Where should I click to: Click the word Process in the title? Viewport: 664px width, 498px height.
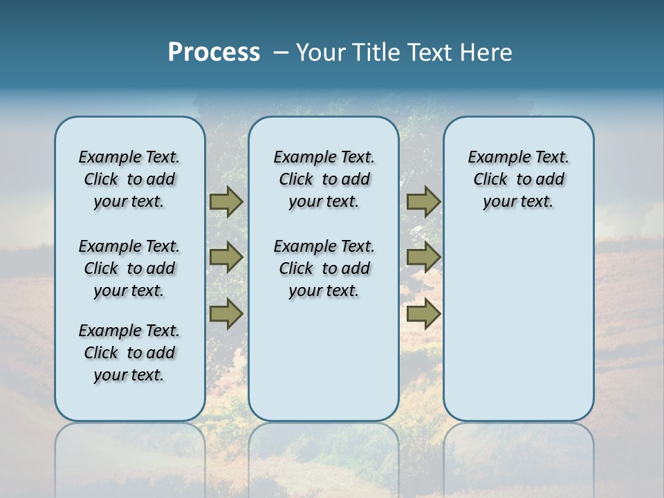click(x=214, y=53)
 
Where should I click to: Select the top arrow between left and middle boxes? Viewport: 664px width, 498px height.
click(x=226, y=201)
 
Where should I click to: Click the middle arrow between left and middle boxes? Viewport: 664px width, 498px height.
click(x=226, y=257)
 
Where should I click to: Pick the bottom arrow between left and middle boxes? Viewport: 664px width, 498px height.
click(x=226, y=313)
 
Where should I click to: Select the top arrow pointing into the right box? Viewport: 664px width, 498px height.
click(x=423, y=201)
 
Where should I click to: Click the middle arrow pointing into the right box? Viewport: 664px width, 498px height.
click(x=423, y=257)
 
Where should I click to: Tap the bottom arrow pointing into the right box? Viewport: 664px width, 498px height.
click(x=423, y=313)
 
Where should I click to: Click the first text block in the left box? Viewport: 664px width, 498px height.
click(x=129, y=179)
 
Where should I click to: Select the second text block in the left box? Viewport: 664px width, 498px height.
click(x=129, y=268)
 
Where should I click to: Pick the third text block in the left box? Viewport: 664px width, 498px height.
click(x=129, y=353)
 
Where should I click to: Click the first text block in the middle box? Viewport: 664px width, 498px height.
click(x=324, y=179)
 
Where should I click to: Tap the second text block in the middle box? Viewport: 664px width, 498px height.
click(x=324, y=268)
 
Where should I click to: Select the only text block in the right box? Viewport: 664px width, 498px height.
click(x=518, y=179)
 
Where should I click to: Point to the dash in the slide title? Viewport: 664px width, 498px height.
click(x=282, y=53)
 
